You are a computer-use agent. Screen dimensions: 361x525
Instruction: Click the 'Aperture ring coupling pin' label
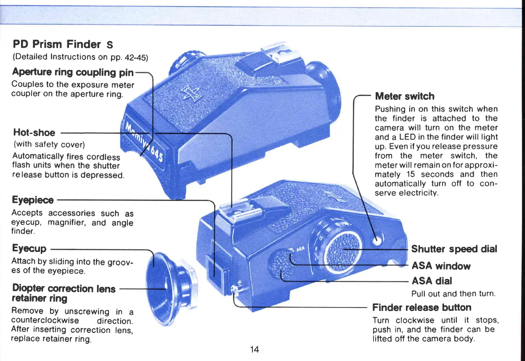click(73, 72)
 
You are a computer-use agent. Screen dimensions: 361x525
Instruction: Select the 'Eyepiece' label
click(33, 199)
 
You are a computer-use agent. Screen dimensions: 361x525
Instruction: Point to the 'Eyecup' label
click(29, 248)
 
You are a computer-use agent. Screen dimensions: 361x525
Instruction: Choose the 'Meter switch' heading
click(405, 96)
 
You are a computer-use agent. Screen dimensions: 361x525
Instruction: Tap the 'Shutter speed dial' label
click(454, 249)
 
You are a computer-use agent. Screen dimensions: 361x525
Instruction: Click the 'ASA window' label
click(441, 266)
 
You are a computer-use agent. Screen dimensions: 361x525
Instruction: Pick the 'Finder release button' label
click(422, 307)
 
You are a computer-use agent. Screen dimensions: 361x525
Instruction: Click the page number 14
click(254, 349)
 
